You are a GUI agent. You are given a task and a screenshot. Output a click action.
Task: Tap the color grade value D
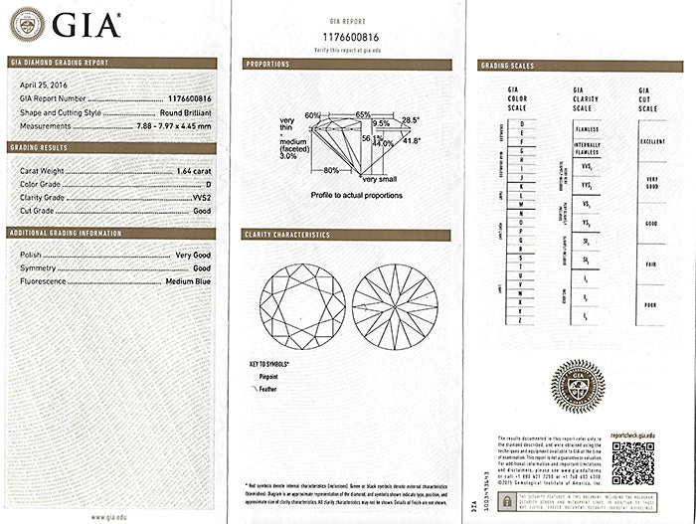[x=207, y=184]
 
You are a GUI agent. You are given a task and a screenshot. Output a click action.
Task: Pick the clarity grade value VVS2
[x=201, y=197]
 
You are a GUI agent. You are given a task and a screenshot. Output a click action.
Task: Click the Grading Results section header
[x=39, y=147]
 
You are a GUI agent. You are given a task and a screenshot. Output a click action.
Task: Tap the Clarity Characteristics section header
[x=286, y=235]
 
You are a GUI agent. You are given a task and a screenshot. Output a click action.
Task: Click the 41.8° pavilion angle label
[x=410, y=141]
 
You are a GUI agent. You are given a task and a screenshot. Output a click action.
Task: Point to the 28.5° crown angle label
[x=410, y=119]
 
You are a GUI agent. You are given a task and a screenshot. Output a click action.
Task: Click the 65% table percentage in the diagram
[x=363, y=114]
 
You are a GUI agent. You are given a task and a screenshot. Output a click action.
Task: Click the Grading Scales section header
[x=508, y=66]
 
